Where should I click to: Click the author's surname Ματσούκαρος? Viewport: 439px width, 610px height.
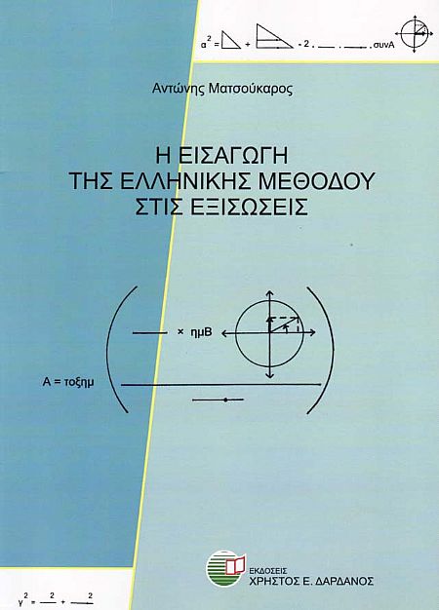[250, 90]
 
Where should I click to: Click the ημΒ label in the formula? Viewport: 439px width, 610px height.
[201, 332]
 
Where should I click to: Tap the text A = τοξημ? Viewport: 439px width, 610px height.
[68, 382]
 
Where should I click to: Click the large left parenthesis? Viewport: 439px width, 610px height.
[113, 350]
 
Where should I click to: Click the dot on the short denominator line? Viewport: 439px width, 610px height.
[225, 400]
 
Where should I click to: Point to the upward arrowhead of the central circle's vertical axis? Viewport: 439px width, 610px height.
[269, 293]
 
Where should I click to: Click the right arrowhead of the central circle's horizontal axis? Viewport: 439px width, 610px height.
[312, 332]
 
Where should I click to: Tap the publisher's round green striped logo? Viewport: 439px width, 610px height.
[223, 568]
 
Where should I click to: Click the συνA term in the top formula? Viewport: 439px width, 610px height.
[384, 45]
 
